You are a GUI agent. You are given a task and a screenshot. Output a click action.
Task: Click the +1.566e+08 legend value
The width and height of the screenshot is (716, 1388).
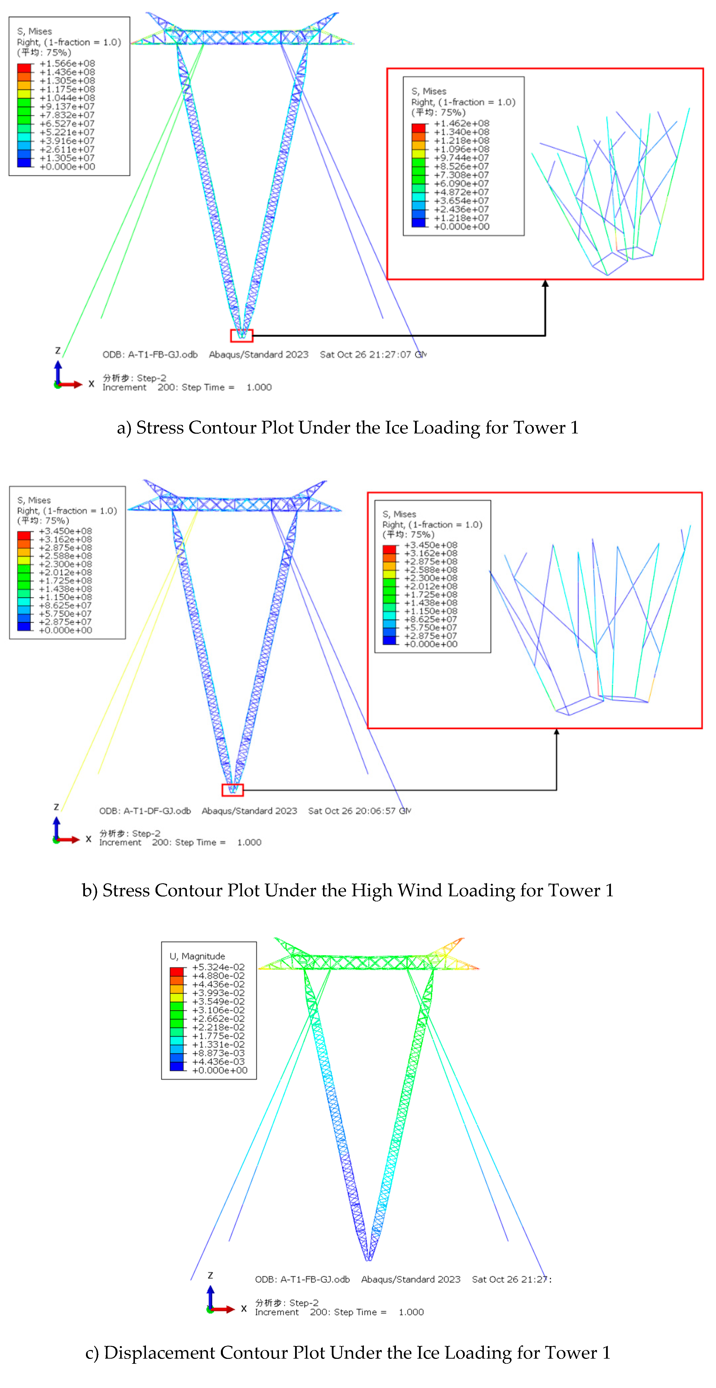click(67, 64)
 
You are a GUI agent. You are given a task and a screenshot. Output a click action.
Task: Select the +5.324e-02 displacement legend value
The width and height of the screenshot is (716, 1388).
click(218, 967)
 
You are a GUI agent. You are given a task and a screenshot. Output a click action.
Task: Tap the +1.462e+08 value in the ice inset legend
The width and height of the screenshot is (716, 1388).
click(462, 123)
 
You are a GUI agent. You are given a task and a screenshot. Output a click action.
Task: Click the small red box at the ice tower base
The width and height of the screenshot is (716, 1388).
click(241, 336)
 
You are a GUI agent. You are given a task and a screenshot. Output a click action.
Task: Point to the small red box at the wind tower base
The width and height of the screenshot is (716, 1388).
click(233, 790)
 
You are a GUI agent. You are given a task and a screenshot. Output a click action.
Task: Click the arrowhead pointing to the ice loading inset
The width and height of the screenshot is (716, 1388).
click(545, 283)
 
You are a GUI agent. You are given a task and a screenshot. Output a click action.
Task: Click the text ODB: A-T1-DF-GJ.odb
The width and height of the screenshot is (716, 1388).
click(145, 811)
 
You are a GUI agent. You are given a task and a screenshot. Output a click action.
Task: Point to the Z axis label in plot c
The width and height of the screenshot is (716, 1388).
click(210, 1275)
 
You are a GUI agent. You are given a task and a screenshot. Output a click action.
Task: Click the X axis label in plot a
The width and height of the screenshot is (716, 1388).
click(92, 384)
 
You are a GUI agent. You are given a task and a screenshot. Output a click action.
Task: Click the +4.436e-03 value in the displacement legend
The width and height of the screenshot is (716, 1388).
click(218, 1062)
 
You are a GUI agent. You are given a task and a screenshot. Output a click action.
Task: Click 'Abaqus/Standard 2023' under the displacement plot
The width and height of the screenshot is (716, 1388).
click(411, 1279)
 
